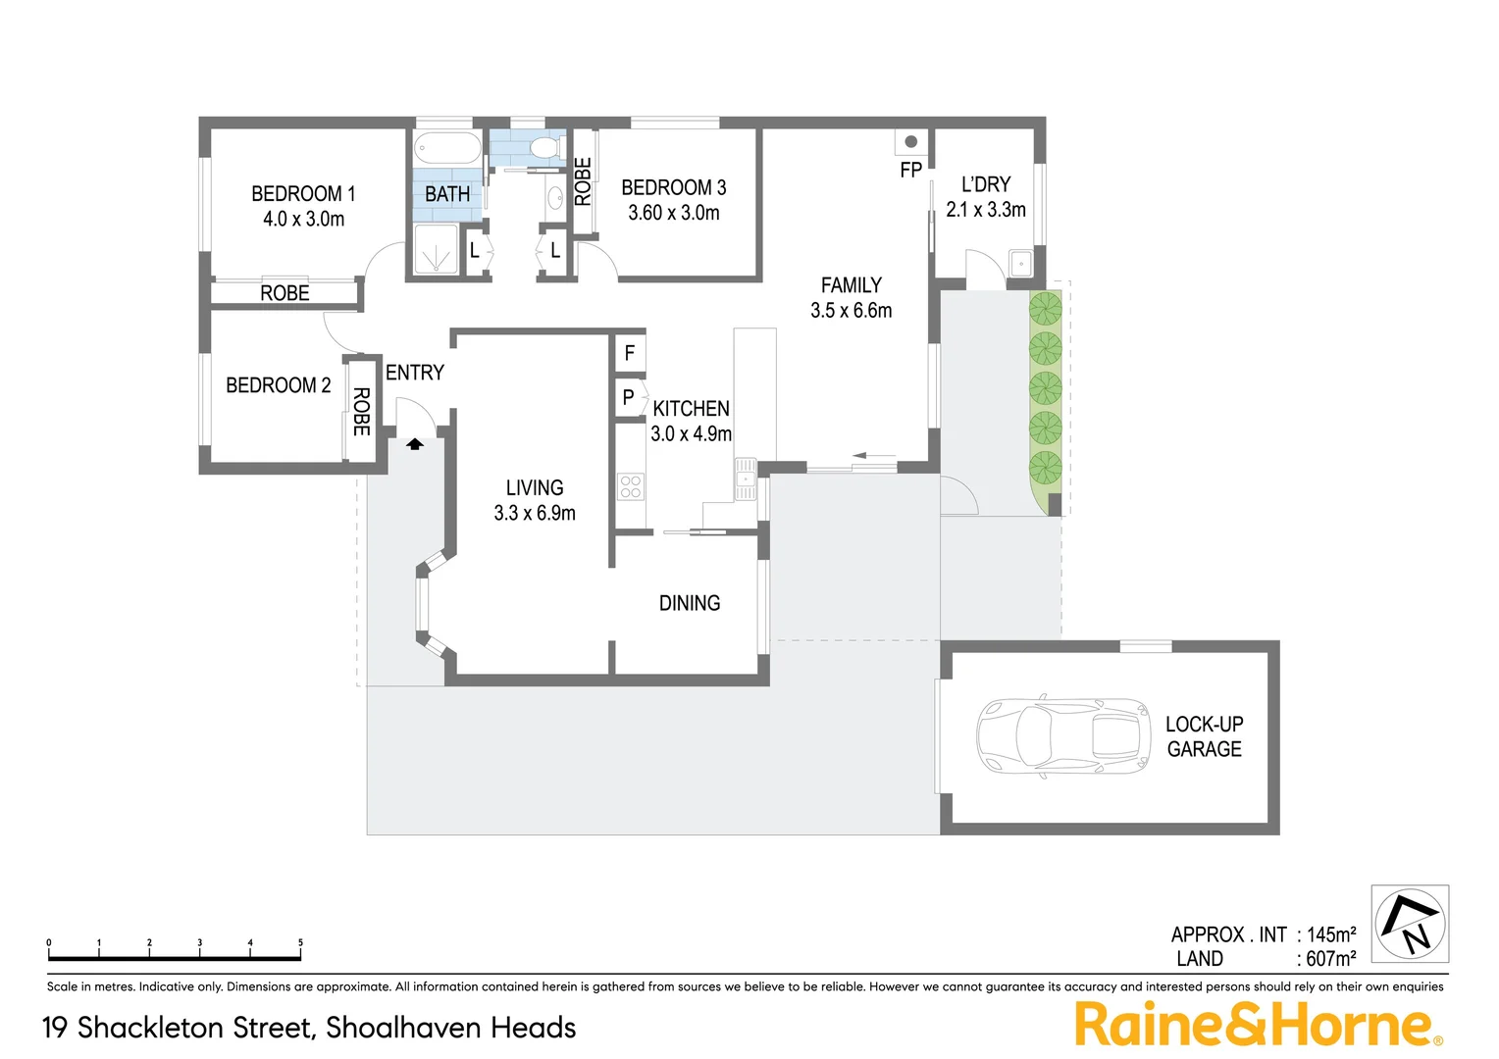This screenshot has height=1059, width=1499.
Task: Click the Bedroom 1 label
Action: coord(303,194)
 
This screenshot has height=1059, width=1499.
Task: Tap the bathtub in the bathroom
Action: coord(447,150)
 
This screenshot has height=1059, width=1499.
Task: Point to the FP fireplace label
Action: coord(910,171)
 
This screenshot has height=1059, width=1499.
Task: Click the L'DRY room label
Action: coord(985,184)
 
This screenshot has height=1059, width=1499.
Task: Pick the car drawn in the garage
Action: coord(1062,735)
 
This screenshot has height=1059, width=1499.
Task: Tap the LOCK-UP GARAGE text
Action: coord(1204,736)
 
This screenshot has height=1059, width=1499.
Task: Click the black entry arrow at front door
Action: coord(415,443)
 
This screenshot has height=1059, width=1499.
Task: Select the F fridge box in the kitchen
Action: coord(630,353)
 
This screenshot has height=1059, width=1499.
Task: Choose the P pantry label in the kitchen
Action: coord(629,398)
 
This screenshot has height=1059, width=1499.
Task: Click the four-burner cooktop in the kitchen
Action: coord(631,486)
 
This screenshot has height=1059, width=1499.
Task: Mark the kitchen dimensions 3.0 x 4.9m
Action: coord(691,433)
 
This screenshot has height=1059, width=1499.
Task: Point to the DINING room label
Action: coord(690,603)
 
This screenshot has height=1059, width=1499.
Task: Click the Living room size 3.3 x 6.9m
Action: coord(535,513)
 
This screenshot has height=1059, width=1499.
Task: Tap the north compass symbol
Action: coord(1410,924)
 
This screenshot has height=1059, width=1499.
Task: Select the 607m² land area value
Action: coord(1330,959)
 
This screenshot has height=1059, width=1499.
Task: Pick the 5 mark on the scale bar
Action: coord(300,943)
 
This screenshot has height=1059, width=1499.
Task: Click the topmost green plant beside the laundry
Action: coord(1046,309)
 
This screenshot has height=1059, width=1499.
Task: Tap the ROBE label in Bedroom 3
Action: coord(583,182)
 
